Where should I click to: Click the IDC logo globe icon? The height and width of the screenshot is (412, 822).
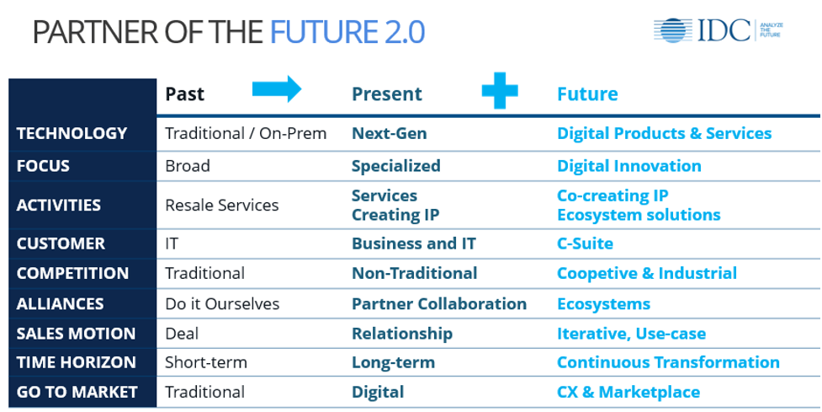[673, 30]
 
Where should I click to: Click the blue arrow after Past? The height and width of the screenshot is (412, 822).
[277, 88]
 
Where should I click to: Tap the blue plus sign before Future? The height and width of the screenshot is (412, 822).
[500, 91]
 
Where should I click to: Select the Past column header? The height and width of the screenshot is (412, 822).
[184, 94]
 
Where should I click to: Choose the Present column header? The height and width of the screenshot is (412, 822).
[387, 94]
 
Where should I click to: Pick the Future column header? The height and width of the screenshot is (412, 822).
[587, 94]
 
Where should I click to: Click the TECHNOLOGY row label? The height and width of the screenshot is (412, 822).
[72, 133]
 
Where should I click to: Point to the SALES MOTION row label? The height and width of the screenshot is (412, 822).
[76, 334]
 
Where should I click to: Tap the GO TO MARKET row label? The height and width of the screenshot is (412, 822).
[77, 392]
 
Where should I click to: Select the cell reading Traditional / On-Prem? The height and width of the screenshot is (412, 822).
[246, 133]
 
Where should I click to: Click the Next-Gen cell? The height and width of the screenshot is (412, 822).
[389, 133]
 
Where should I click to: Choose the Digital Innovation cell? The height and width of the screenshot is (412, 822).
[629, 166]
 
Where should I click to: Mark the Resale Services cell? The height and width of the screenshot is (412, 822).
[222, 205]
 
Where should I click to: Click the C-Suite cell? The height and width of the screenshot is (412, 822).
[585, 243]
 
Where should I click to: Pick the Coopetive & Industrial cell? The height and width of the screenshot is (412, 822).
[647, 273]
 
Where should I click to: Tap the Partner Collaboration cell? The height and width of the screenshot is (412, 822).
[439, 304]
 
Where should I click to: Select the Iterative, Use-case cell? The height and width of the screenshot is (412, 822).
[631, 334]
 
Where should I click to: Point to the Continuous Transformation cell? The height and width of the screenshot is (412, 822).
[668, 362]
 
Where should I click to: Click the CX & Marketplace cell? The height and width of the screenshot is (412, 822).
[628, 392]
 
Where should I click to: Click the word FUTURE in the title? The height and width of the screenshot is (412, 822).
[323, 32]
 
